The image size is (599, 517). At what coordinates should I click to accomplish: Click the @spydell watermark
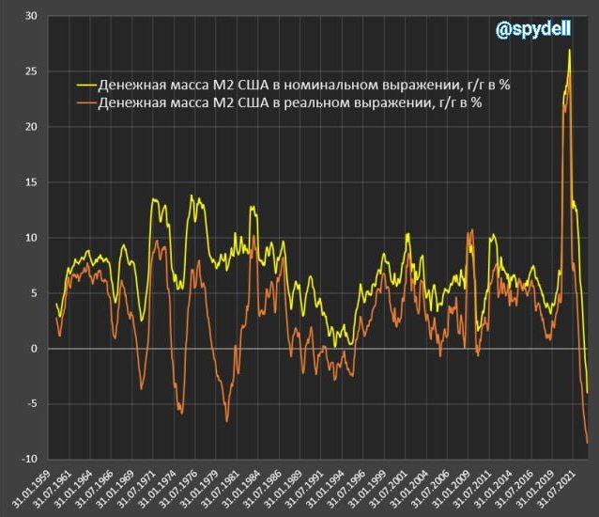[534, 30]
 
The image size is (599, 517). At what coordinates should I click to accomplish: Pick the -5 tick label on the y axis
[30, 404]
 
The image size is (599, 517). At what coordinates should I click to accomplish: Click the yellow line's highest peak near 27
[569, 50]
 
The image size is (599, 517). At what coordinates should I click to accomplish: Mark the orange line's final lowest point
[588, 442]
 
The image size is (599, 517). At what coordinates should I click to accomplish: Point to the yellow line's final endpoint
[588, 393]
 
